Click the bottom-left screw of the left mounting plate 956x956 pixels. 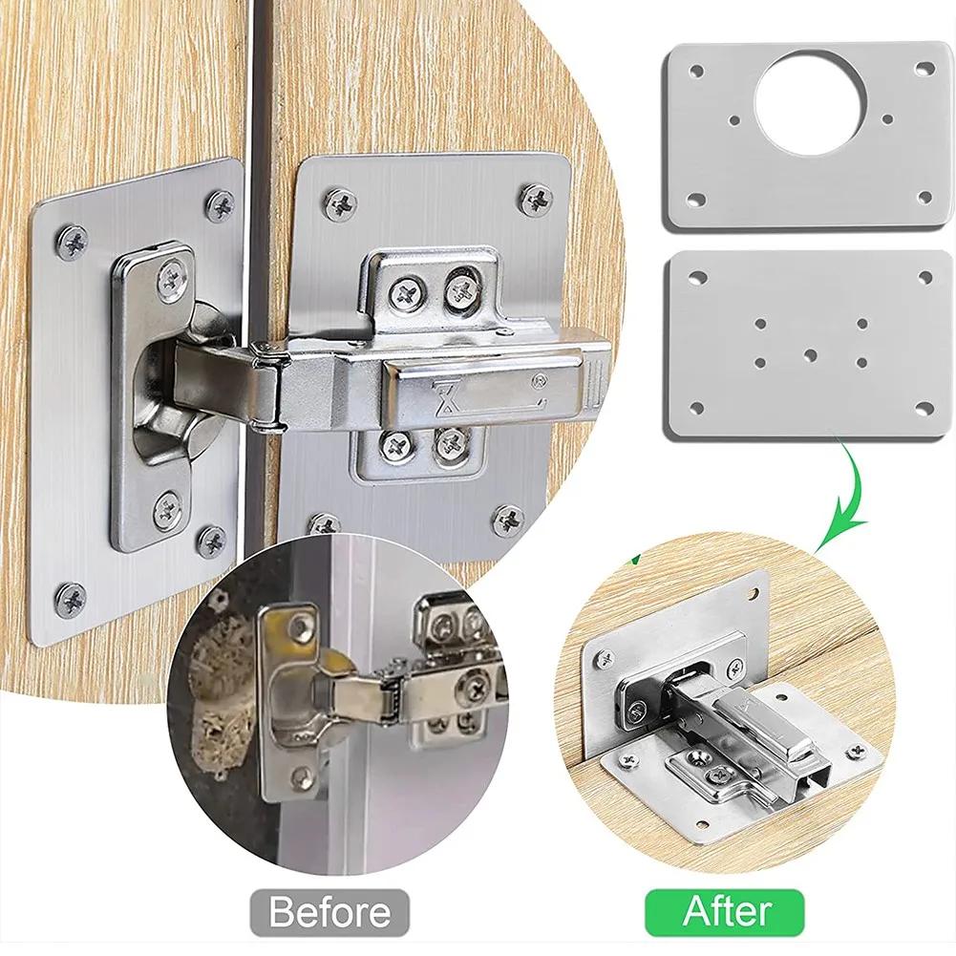71,600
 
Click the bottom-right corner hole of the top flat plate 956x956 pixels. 924,198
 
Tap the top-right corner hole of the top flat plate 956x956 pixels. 924,70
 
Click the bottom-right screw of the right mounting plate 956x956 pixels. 508,520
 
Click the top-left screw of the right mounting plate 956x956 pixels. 340,203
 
